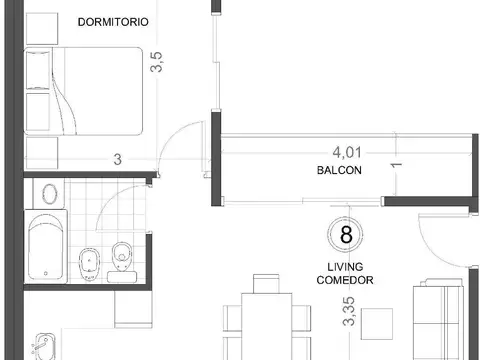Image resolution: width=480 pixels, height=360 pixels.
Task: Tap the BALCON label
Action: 337,171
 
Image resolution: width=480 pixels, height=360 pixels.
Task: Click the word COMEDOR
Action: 347,281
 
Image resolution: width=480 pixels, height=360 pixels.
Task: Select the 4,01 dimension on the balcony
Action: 347,152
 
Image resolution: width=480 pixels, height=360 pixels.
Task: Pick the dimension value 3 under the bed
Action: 117,159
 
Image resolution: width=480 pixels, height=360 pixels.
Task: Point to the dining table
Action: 266,325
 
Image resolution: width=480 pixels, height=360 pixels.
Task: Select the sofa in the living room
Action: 440,320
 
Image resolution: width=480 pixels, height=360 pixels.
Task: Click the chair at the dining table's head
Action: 266,284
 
